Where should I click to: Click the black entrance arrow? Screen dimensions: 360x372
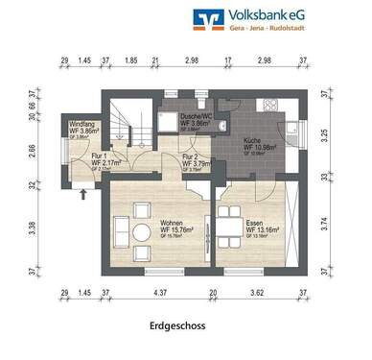point(84,195)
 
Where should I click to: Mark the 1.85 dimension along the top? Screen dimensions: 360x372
point(130,60)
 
